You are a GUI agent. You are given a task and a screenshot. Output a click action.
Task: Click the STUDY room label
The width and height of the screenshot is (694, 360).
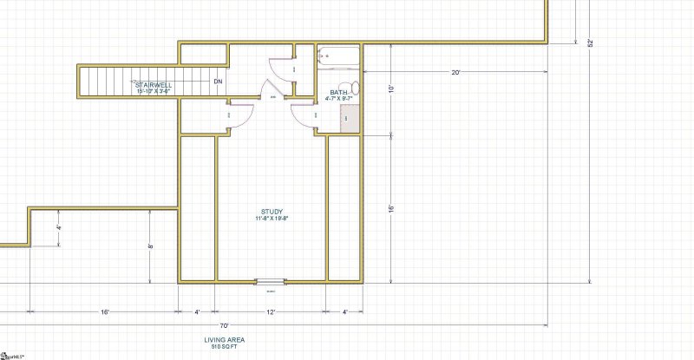click(x=272, y=212)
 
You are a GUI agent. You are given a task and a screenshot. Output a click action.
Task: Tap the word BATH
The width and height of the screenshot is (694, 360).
click(x=338, y=92)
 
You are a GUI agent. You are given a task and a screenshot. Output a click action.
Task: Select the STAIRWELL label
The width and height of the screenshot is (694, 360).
click(x=154, y=85)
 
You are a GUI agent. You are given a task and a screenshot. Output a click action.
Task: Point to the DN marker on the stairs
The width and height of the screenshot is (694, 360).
click(x=218, y=82)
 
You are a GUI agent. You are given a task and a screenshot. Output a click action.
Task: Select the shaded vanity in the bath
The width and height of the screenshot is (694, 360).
click(x=350, y=119)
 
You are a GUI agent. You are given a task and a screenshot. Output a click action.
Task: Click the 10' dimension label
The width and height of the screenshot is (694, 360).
click(x=391, y=89)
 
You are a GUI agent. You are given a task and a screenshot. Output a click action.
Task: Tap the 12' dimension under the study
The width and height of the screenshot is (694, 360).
click(x=272, y=311)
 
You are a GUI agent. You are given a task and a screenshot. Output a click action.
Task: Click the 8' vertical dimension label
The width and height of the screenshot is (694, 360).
click(x=150, y=245)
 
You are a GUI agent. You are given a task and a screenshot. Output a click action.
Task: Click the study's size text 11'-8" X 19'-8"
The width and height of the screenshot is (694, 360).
click(x=272, y=219)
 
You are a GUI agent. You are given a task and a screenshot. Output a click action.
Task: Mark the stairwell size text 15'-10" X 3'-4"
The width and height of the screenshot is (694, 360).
click(x=154, y=91)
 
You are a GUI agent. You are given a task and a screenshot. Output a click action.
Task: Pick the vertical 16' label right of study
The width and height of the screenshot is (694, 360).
click(x=391, y=209)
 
